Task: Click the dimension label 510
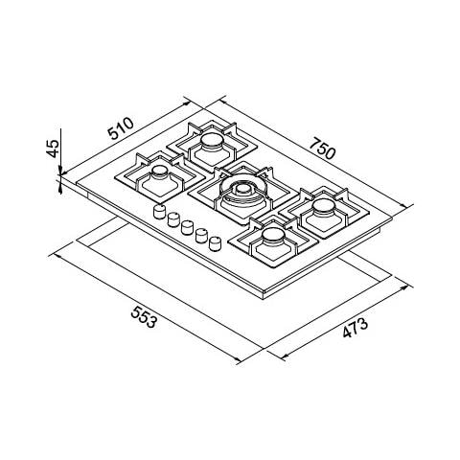(x=121, y=128)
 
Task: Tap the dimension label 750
(x=323, y=148)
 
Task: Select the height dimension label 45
(x=53, y=149)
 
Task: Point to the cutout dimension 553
(x=144, y=316)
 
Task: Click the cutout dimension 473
(x=356, y=328)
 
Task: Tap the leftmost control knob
(x=159, y=212)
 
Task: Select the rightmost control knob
(x=215, y=243)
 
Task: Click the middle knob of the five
(x=187, y=227)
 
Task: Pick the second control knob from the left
(x=173, y=219)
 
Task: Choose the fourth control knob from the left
(x=201, y=236)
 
